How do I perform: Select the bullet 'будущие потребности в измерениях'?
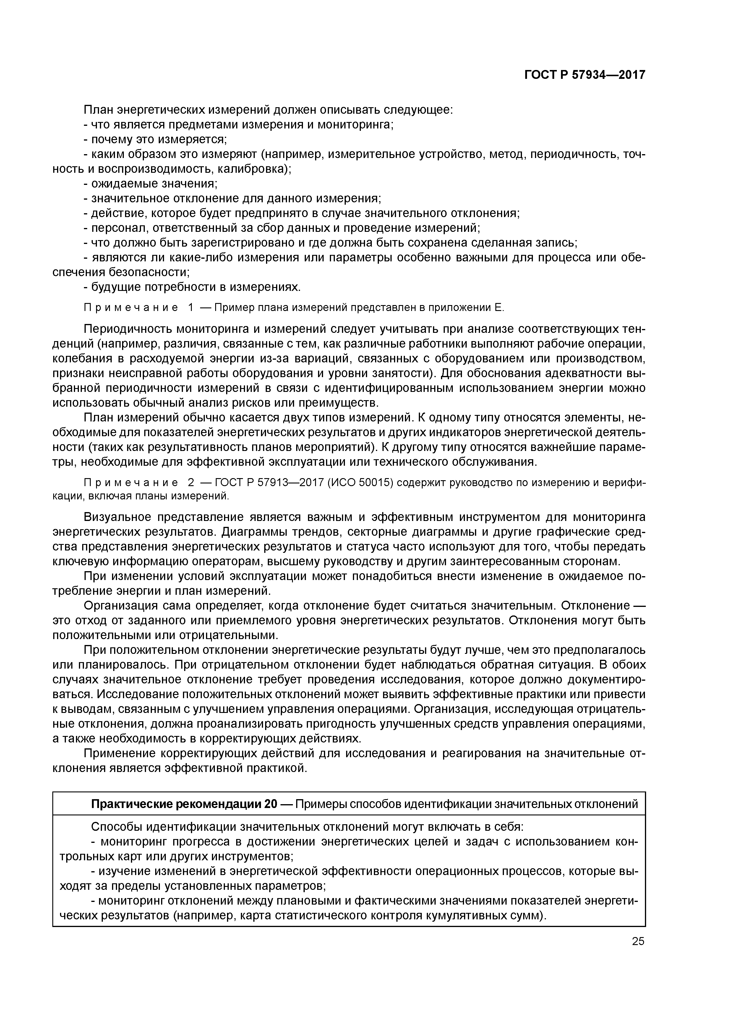(x=192, y=287)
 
